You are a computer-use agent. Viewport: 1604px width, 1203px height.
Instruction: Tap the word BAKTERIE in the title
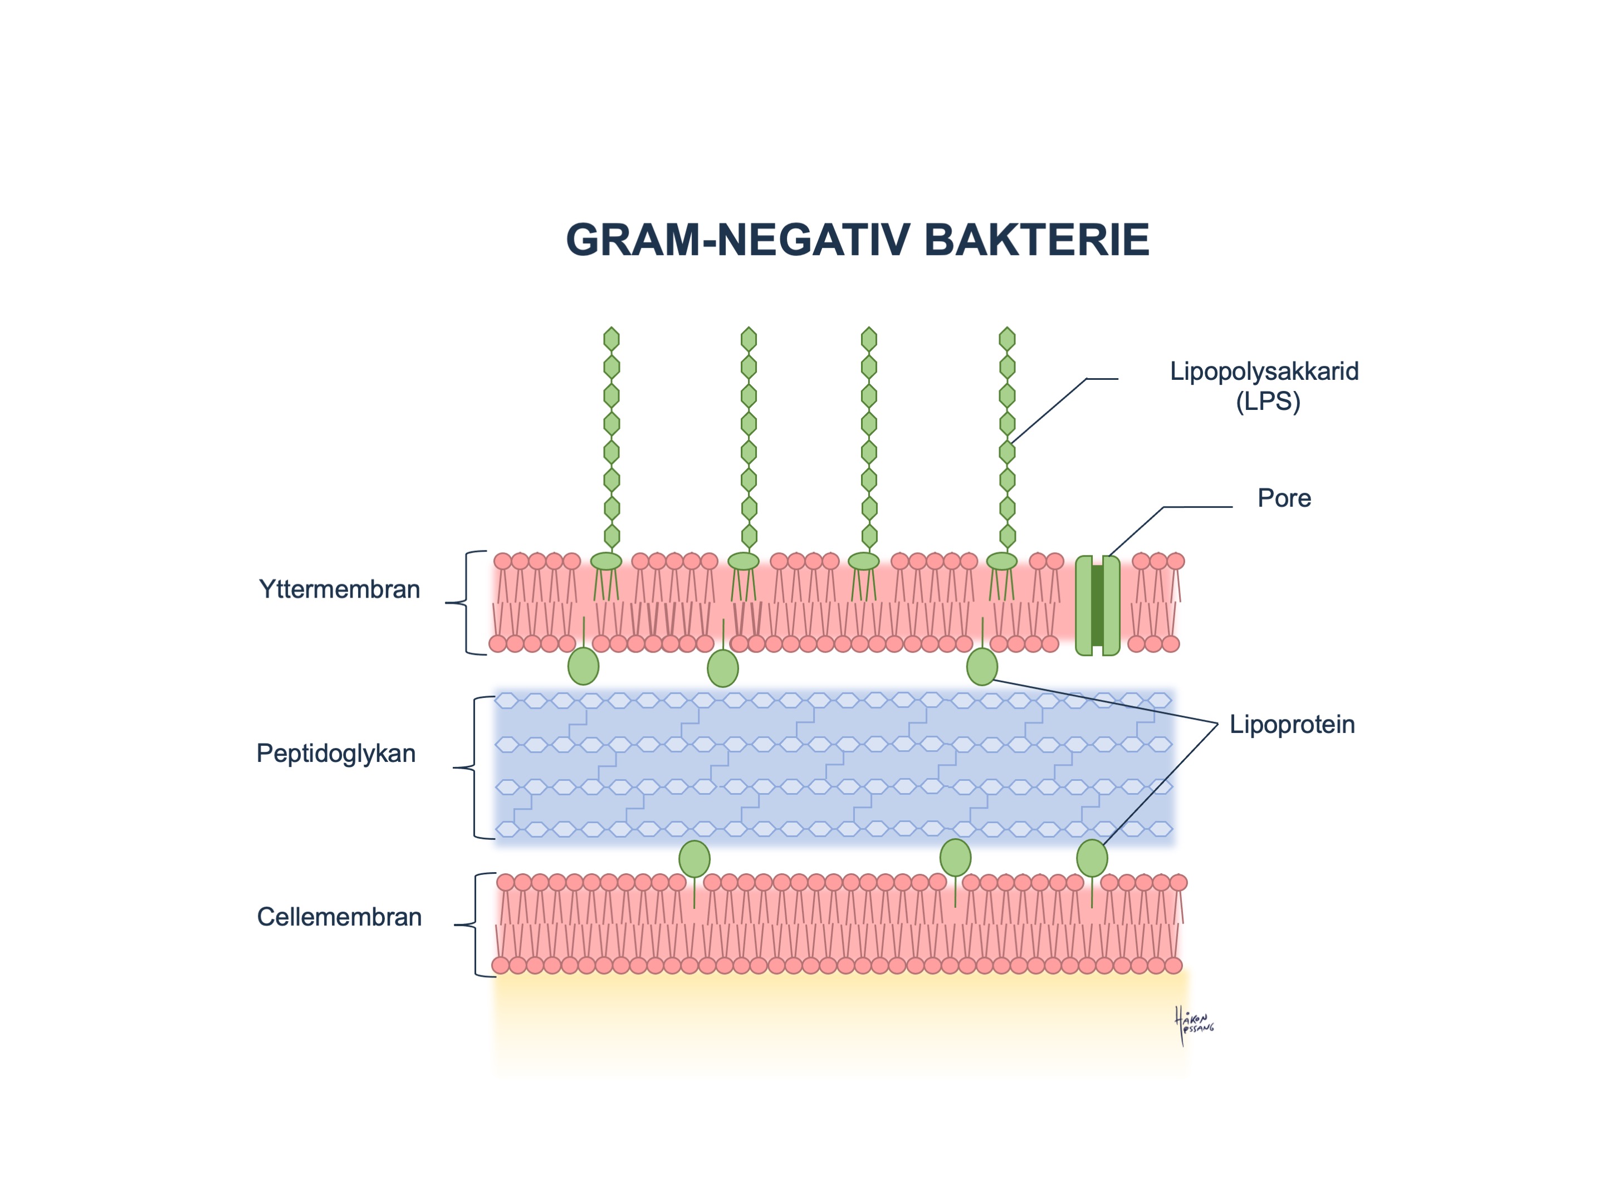1037,240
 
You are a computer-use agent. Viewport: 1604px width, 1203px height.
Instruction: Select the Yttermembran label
339,590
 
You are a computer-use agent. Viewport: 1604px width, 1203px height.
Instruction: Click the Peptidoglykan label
336,754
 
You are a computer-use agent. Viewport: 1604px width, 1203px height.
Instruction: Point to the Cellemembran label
339,917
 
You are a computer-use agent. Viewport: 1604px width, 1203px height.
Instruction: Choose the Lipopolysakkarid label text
1264,371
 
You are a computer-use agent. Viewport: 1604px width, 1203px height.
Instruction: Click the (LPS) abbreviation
1268,402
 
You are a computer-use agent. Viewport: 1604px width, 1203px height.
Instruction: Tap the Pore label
1284,498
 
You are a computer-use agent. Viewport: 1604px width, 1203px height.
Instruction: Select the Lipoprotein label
1292,725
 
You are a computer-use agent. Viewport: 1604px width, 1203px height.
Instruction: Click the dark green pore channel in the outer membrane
1097,605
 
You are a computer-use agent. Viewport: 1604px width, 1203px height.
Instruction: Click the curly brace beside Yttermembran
464,603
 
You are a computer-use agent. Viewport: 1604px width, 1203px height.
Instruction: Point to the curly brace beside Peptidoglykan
471,767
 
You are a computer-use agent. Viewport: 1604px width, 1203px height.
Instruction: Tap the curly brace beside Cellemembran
473,925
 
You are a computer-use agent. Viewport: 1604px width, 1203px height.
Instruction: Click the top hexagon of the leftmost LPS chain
612,339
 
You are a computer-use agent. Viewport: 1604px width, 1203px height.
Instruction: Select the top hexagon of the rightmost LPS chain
1007,339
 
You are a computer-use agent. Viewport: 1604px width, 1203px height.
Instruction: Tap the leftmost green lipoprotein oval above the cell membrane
695,859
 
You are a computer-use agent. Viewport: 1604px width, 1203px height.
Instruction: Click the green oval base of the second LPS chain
744,561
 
